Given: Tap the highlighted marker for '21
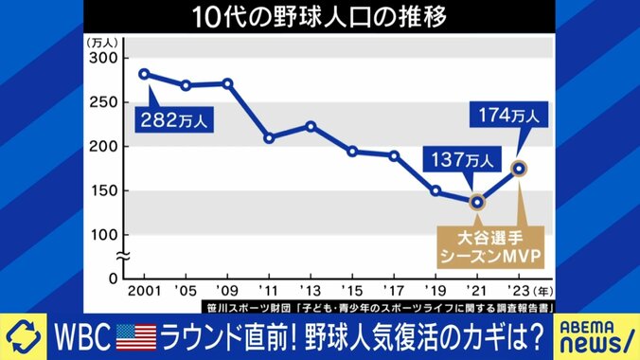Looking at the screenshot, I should (477, 201).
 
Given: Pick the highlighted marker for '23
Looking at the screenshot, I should (519, 169).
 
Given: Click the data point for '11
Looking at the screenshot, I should (269, 138).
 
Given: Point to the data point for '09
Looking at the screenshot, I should (227, 83).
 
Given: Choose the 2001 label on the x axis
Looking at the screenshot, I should (144, 291).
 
